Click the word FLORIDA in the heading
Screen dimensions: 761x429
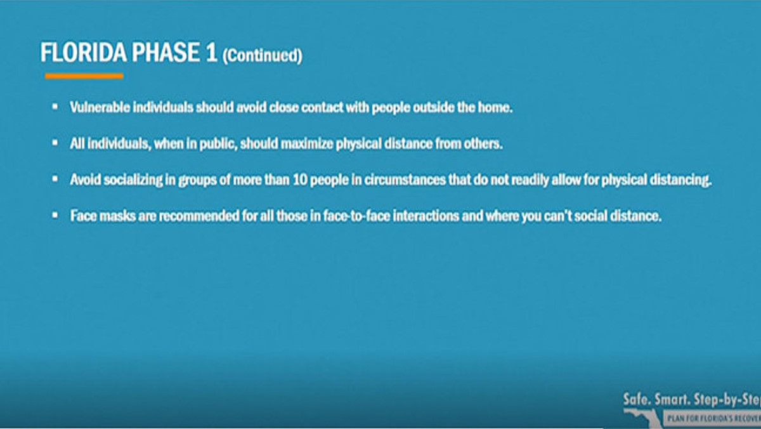(x=84, y=53)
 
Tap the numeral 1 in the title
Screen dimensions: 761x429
(x=212, y=53)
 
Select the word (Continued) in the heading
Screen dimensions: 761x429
(x=263, y=55)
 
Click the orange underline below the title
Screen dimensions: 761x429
(x=84, y=77)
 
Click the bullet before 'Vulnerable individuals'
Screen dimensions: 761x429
(x=55, y=107)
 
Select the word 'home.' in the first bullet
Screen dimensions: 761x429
(x=495, y=107)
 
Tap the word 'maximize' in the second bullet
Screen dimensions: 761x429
(x=307, y=143)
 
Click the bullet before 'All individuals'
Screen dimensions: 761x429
(x=55, y=143)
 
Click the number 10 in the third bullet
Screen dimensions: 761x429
(x=300, y=180)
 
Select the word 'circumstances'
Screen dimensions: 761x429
(x=405, y=180)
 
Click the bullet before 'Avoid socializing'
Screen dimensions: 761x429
(x=55, y=179)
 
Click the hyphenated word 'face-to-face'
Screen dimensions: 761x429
(x=356, y=216)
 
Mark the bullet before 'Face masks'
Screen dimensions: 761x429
(x=55, y=215)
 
